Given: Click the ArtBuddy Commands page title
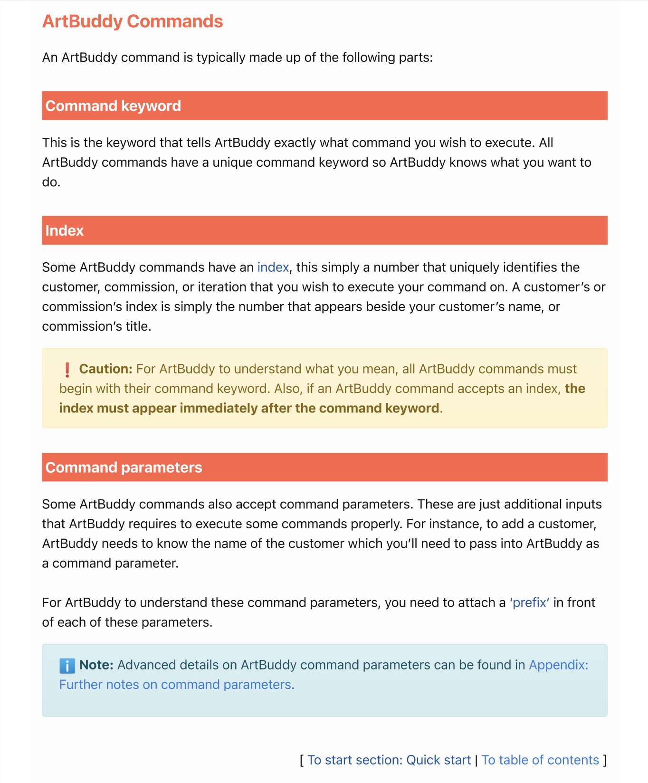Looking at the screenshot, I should [x=133, y=21].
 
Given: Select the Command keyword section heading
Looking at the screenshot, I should [x=113, y=105].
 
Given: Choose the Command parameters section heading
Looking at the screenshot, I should [x=124, y=468].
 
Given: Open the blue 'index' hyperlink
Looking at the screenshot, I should [x=273, y=267].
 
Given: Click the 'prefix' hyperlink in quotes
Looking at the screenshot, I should [x=530, y=603].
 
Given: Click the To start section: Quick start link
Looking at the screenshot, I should [x=389, y=760].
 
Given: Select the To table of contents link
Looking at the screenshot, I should [x=540, y=760].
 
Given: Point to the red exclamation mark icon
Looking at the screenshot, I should [x=67, y=370].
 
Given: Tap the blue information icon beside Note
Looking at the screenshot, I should [x=67, y=666].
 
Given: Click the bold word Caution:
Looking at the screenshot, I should [x=105, y=369].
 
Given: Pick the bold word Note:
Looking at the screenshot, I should [x=96, y=665].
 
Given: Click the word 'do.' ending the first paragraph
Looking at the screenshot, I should [x=51, y=182].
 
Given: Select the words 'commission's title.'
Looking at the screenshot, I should [x=96, y=327].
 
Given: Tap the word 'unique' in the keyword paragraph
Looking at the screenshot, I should [x=232, y=162].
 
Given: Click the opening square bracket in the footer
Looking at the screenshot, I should [x=302, y=760].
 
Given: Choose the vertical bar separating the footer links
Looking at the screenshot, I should [x=476, y=760].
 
